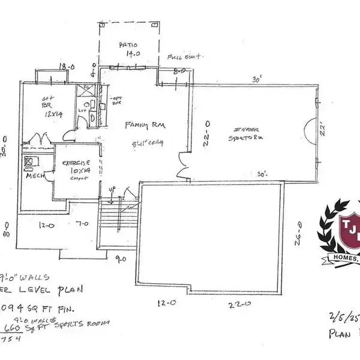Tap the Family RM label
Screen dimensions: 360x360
(145, 125)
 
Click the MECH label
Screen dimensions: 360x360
(34, 178)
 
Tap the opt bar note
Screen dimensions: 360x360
(116, 100)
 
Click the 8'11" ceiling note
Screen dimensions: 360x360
(148, 142)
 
